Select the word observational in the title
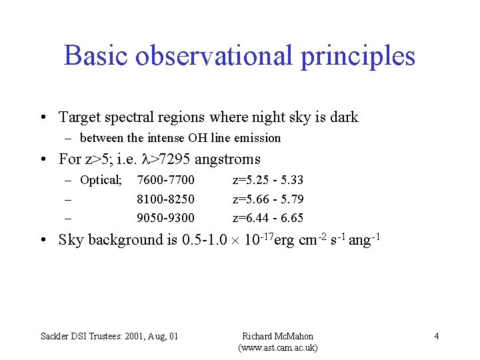[214, 56]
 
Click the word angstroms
[227, 159]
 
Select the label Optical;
[101, 180]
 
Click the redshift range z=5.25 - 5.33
[268, 180]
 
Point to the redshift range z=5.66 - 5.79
[268, 199]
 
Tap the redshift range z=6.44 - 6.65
[268, 217]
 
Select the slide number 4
[436, 336]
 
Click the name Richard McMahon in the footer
[277, 336]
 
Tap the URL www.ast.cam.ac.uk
[277, 348]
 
